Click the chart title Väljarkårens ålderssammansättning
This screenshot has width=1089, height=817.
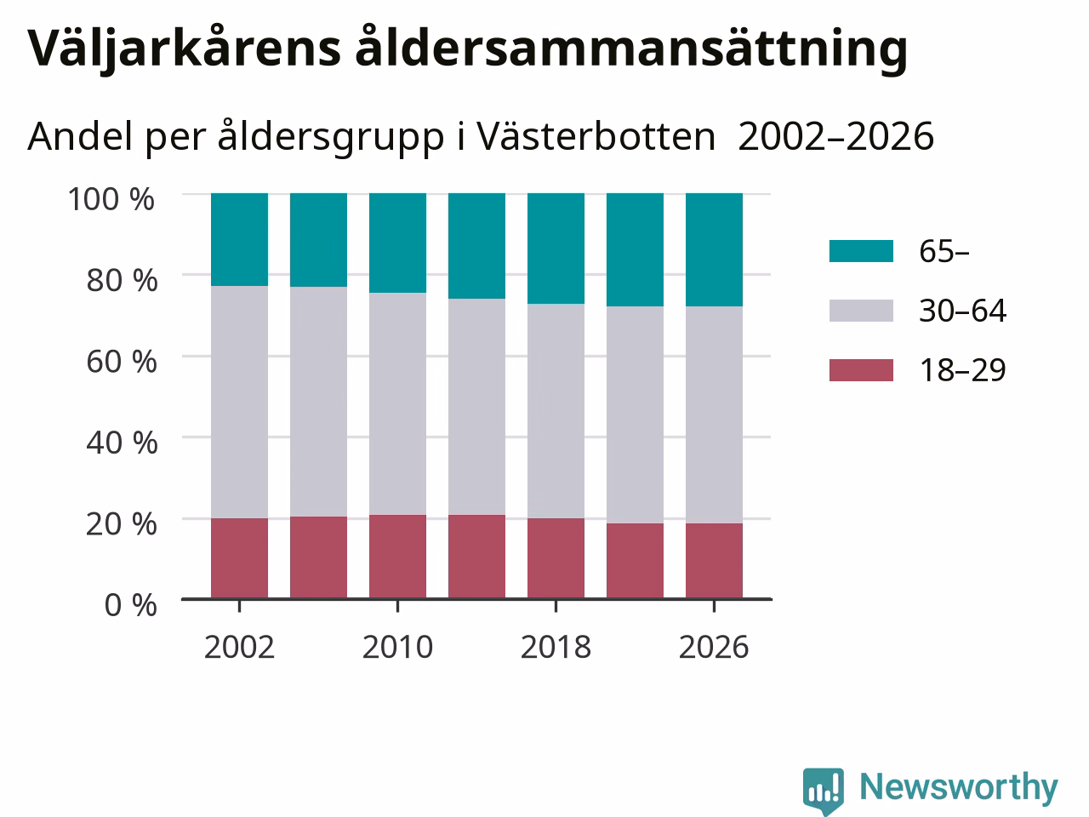pyautogui.click(x=467, y=49)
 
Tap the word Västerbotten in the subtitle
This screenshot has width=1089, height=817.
pyautogui.click(x=596, y=136)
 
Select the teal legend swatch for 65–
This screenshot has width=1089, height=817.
pyautogui.click(x=861, y=251)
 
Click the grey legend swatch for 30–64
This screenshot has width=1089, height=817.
pyautogui.click(x=861, y=311)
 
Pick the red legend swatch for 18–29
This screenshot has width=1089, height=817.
pyautogui.click(x=861, y=370)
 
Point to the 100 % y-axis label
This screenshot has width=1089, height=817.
pyautogui.click(x=111, y=199)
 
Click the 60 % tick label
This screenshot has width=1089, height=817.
pyautogui.click(x=122, y=362)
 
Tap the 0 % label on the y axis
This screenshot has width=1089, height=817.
pyautogui.click(x=131, y=605)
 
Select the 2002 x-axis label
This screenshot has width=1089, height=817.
pyautogui.click(x=239, y=647)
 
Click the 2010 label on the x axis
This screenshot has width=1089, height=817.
pyautogui.click(x=397, y=647)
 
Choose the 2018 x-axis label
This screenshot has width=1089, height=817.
pyautogui.click(x=556, y=647)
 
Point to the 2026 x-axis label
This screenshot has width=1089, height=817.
pyautogui.click(x=714, y=647)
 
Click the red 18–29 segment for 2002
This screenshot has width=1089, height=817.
pyautogui.click(x=240, y=558)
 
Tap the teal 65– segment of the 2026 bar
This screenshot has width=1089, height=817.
pyautogui.click(x=715, y=249)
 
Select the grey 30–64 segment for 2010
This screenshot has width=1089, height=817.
pyautogui.click(x=398, y=403)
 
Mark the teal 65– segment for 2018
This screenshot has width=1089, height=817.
pyautogui.click(x=556, y=249)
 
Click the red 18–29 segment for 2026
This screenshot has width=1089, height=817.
pyautogui.click(x=715, y=561)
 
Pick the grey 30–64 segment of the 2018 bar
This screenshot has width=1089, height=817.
pyautogui.click(x=556, y=411)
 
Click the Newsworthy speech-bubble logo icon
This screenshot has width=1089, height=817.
pyautogui.click(x=823, y=791)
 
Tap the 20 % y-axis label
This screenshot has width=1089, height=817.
pyautogui.click(x=122, y=524)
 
